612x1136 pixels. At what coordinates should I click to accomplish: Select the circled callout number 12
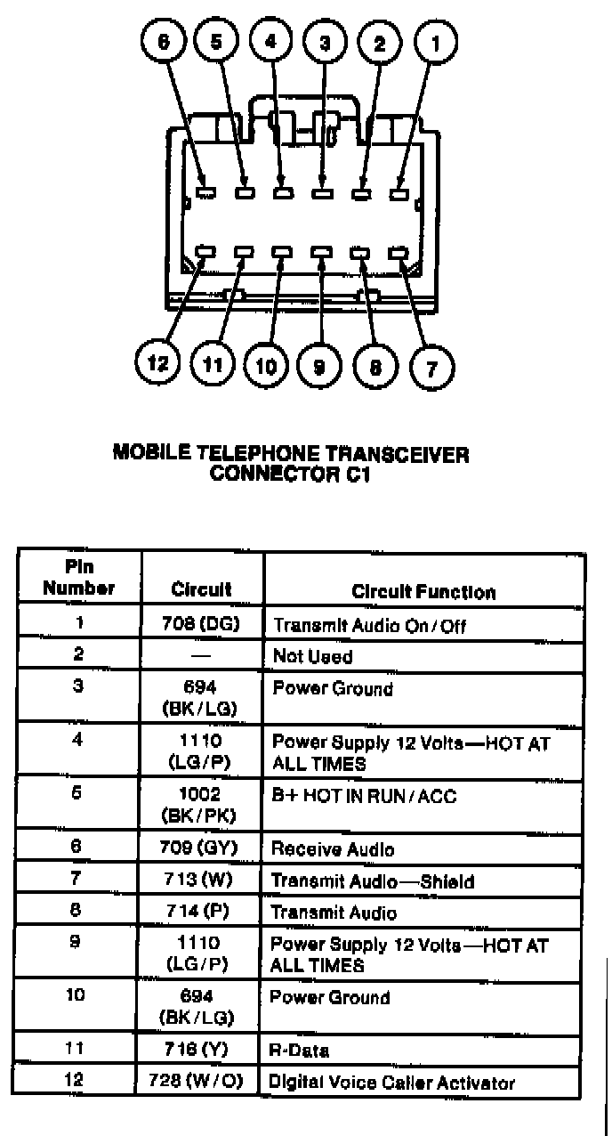coord(158,363)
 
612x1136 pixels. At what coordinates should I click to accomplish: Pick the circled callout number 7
coord(432,365)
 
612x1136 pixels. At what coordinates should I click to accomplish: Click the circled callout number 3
coord(325,42)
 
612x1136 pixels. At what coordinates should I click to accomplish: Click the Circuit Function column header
coord(423,592)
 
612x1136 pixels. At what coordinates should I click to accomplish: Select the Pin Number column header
coord(78,578)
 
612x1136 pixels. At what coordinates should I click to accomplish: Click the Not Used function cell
coord(312,657)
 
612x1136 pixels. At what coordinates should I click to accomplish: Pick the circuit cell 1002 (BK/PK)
coord(202,804)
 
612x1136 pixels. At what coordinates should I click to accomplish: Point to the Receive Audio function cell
coord(332,850)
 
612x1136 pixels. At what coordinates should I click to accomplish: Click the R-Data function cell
coord(299,1051)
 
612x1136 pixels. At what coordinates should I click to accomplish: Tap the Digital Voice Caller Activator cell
coord(392,1083)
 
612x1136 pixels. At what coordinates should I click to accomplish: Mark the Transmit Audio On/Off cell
coord(368,625)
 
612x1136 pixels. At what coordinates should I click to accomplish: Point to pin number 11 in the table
coord(76,1049)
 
